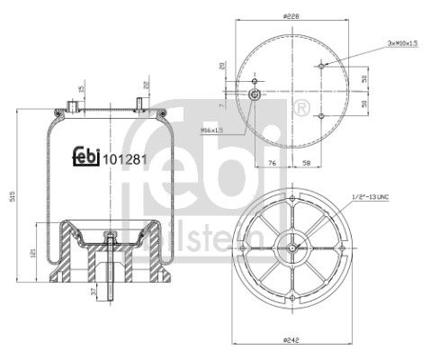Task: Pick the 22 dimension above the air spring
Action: [x=144, y=87]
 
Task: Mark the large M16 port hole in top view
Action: [x=255, y=96]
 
